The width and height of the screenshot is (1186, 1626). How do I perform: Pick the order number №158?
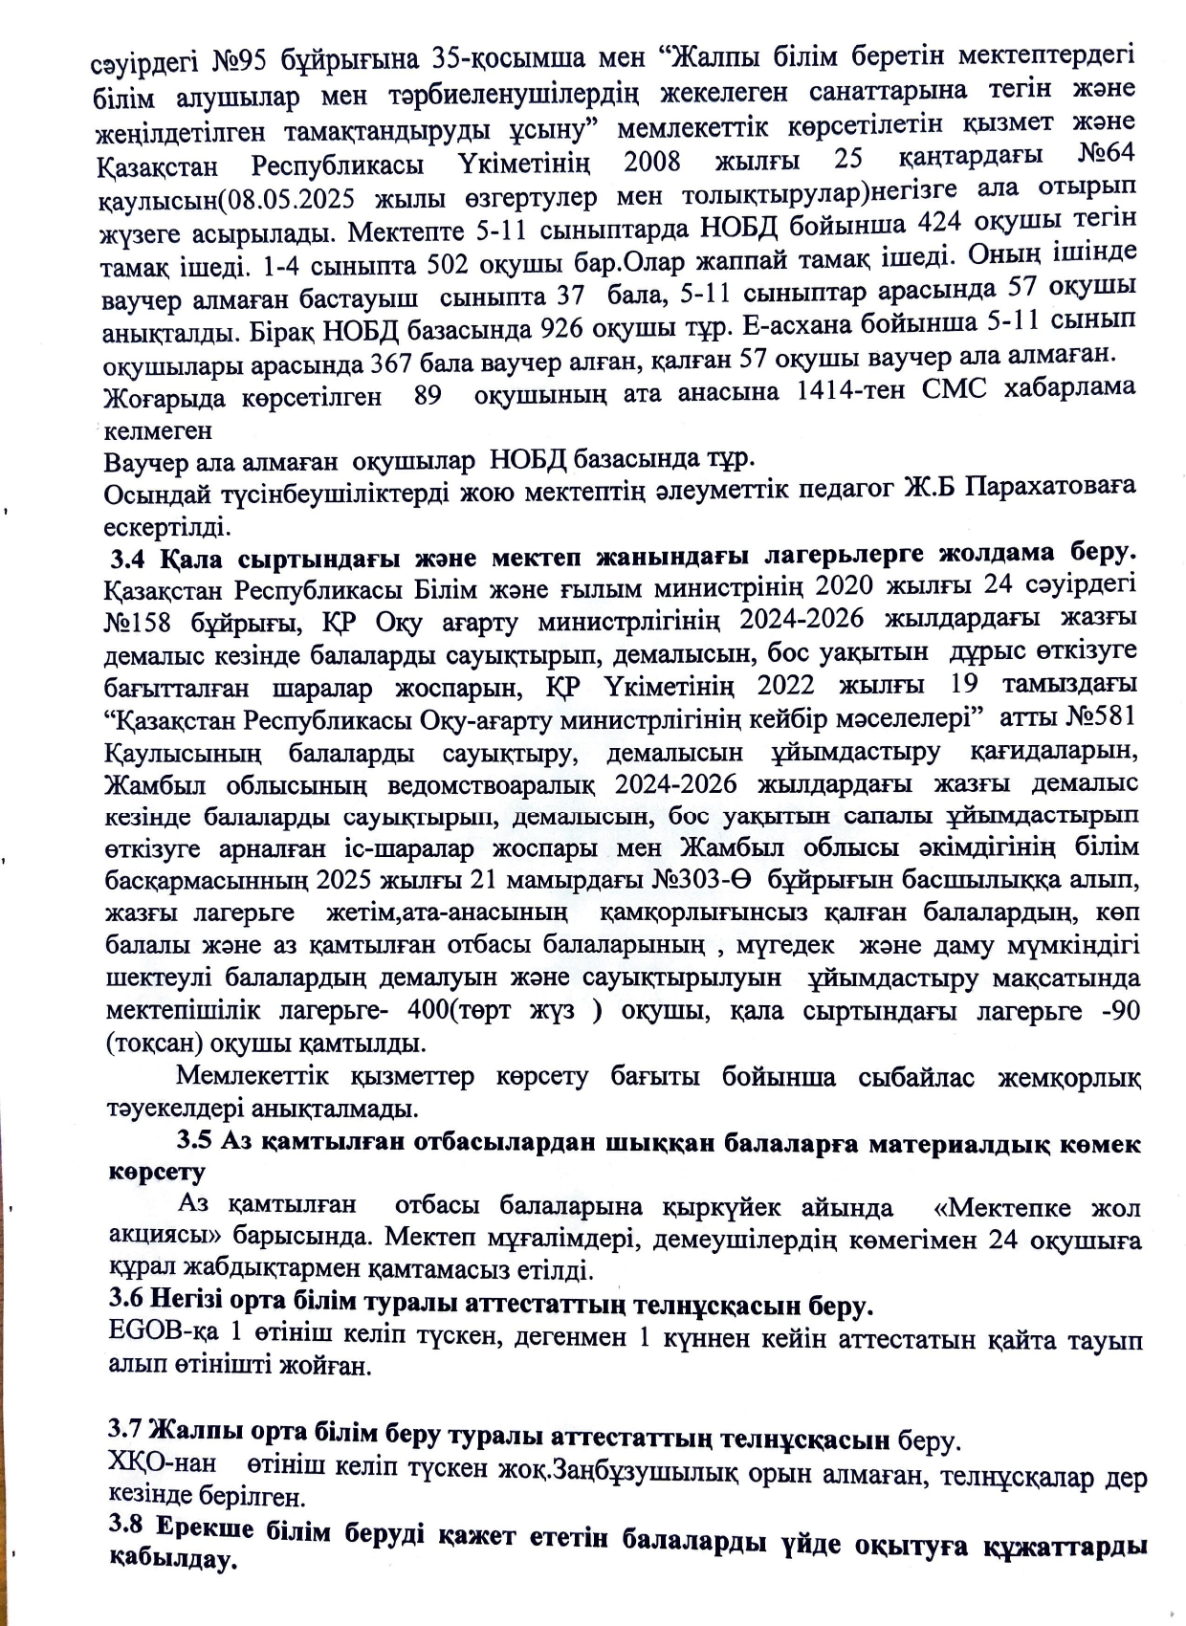143,623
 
